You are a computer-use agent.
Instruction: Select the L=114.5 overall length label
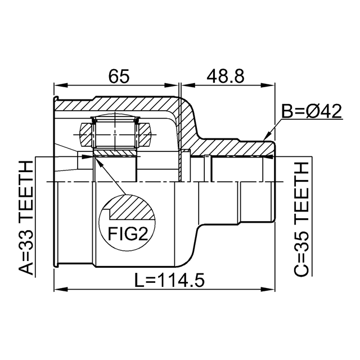(x=169, y=280)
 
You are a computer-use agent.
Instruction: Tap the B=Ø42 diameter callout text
(x=312, y=111)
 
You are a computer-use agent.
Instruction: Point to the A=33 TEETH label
(x=26, y=218)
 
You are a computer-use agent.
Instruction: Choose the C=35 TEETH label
(x=301, y=219)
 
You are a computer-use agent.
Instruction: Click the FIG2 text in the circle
(x=128, y=233)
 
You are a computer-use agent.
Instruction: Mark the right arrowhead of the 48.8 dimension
(x=268, y=85)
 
